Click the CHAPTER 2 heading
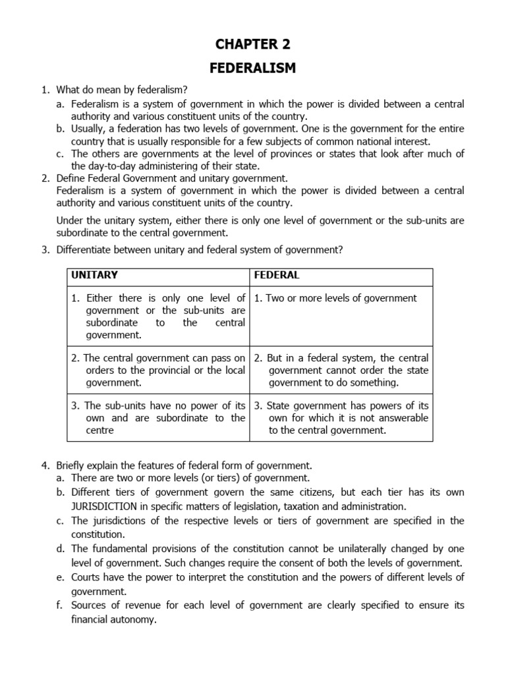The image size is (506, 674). coord(252,44)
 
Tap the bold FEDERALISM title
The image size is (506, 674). coord(252,68)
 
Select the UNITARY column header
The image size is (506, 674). coord(95,274)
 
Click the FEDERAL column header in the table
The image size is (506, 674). coord(276,274)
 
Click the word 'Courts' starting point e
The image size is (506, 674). coord(87,577)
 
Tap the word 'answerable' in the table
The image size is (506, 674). coord(403,418)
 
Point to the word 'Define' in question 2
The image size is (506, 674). coord(72,178)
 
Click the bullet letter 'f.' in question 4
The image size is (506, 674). coord(61,606)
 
